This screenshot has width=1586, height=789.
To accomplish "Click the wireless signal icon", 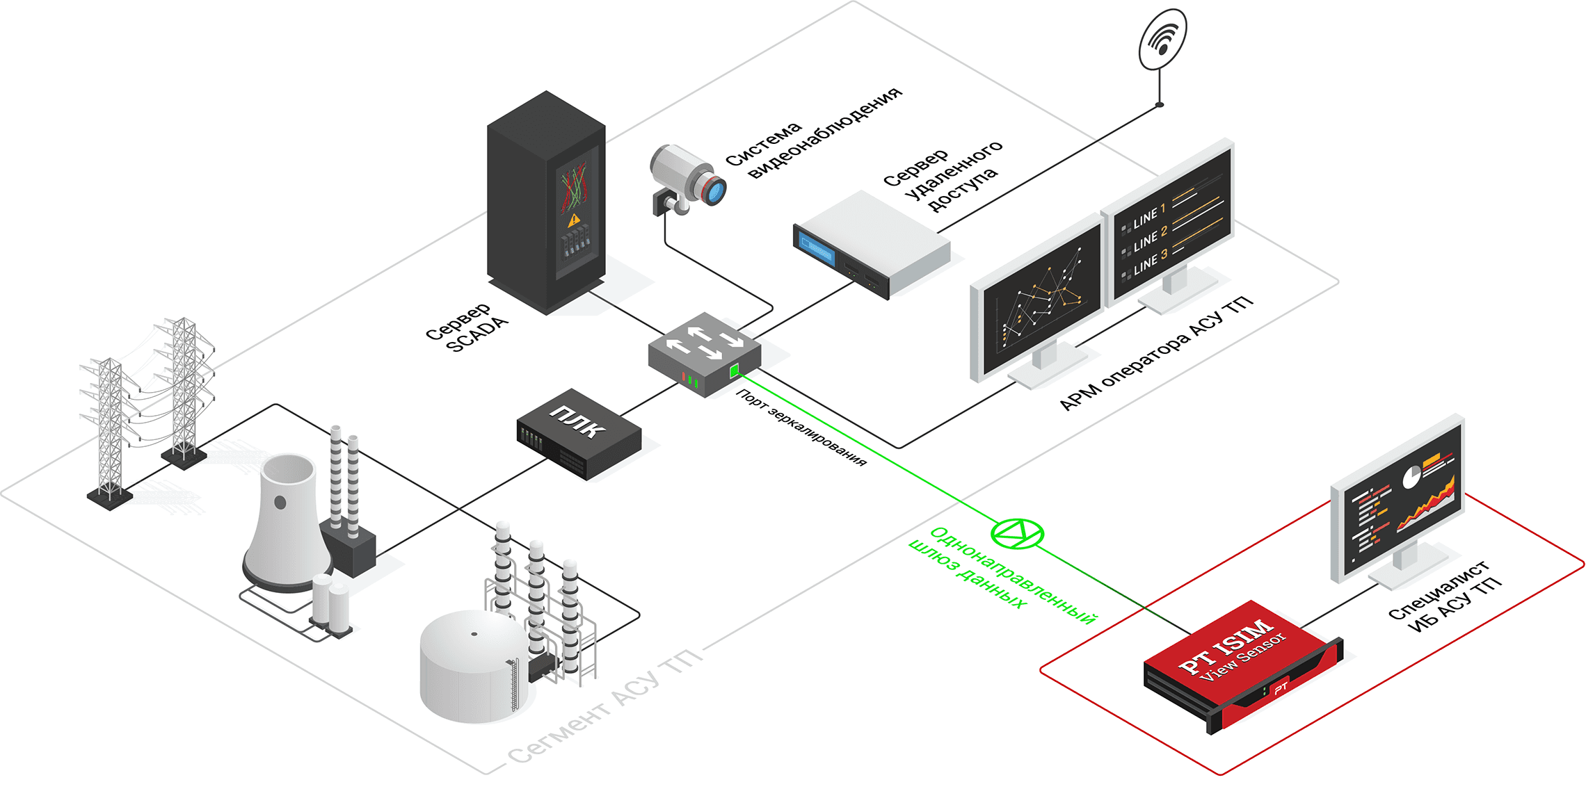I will click(1162, 39).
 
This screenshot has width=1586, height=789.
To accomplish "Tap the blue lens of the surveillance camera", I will click(714, 190).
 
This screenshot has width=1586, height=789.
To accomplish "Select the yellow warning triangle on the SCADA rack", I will click(573, 220).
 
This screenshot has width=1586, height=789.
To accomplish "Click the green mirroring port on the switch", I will click(735, 371).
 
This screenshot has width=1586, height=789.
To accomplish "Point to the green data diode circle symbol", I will click(1017, 534).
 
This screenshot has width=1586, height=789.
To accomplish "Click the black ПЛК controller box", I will click(578, 433).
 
